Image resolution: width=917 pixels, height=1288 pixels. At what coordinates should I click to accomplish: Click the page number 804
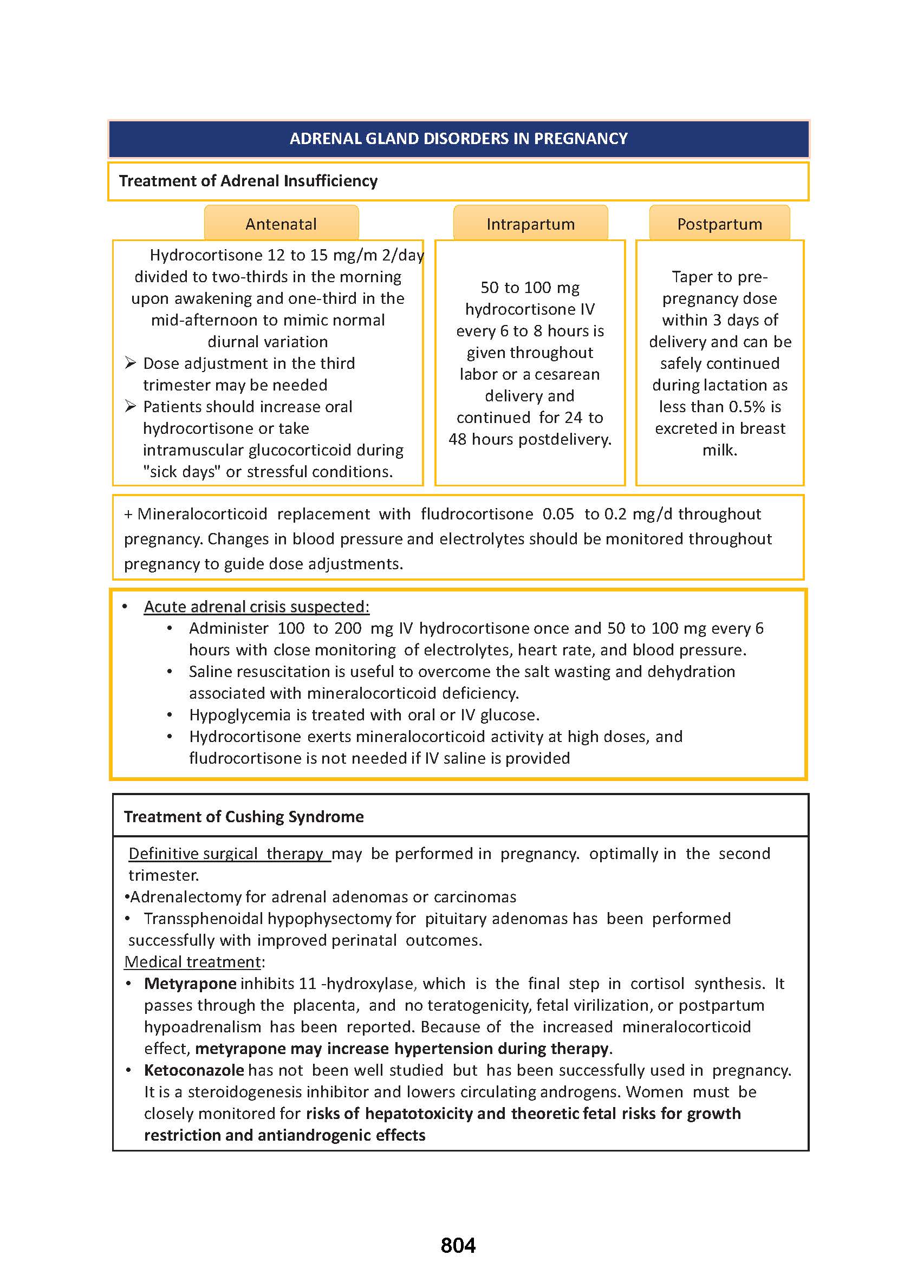(x=458, y=1245)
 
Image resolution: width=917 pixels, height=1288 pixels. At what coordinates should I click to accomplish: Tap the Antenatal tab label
(x=281, y=224)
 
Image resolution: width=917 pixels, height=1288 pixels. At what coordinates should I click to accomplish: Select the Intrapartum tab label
(x=530, y=224)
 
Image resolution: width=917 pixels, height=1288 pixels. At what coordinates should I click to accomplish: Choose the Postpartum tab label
(x=719, y=224)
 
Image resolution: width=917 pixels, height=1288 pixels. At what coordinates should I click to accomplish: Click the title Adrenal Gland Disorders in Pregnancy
(x=458, y=138)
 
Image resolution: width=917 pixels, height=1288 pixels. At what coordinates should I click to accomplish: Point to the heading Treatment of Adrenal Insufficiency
(x=248, y=181)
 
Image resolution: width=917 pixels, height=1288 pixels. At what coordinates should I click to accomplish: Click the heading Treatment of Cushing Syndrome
(x=243, y=816)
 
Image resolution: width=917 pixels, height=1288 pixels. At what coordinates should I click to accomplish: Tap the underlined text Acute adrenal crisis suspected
(x=256, y=607)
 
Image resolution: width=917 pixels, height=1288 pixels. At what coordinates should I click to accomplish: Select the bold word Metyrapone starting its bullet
(x=190, y=983)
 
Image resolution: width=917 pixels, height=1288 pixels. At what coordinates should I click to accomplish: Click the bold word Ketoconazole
(x=194, y=1070)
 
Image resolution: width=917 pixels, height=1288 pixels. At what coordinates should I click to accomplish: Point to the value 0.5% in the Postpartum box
(x=746, y=407)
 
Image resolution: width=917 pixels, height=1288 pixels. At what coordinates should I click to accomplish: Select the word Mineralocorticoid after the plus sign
(x=202, y=514)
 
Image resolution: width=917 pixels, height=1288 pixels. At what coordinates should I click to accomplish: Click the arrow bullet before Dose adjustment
(x=131, y=362)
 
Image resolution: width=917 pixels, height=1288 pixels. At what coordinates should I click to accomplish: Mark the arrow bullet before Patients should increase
(x=131, y=406)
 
